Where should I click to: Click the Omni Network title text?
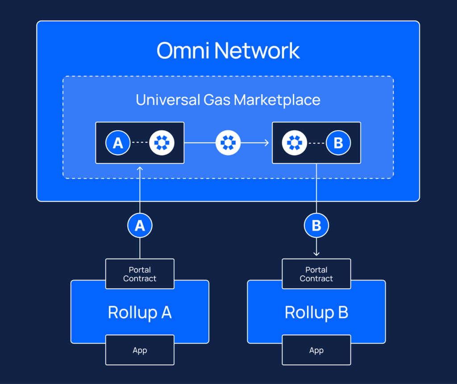pos(228,51)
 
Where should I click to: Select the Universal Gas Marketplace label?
pos(228,99)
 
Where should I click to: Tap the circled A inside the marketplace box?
pos(118,143)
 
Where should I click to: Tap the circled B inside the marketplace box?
pos(338,143)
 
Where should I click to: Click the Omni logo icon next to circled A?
pos(162,143)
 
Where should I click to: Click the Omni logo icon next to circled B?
pos(295,143)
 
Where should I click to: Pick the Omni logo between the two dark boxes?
pos(228,143)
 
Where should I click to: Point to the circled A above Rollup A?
pos(140,226)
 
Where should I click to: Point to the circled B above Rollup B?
pos(316,226)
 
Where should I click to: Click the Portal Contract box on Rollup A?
pos(140,274)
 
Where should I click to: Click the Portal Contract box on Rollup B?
pos(316,274)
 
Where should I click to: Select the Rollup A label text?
pos(140,312)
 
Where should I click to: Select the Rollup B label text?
pos(316,312)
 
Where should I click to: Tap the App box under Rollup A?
pos(140,350)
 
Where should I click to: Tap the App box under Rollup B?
pos(316,350)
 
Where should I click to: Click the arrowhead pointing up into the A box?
pos(140,168)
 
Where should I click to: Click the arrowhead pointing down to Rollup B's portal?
pos(316,254)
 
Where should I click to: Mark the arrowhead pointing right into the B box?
pos(266,143)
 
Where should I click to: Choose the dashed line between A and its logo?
pos(140,143)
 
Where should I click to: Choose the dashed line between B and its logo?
pos(316,143)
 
